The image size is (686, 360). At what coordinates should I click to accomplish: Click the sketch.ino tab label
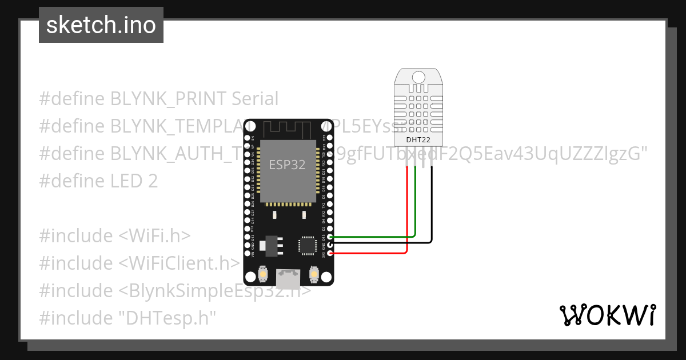click(101, 25)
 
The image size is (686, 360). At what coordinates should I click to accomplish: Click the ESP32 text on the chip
click(287, 165)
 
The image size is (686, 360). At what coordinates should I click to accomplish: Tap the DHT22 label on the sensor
click(419, 139)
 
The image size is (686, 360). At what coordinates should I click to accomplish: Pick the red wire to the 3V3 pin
click(372, 252)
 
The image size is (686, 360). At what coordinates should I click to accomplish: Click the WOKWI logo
click(607, 315)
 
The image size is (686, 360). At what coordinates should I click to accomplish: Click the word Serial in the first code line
click(254, 99)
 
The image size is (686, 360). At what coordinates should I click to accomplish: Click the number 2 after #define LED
click(152, 181)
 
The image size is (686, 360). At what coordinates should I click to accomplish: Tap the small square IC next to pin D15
click(307, 245)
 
